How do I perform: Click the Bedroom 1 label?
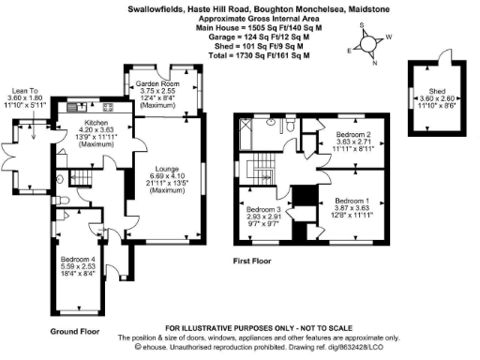352,201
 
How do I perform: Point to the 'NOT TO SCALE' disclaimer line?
239,328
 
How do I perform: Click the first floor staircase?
263,168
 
